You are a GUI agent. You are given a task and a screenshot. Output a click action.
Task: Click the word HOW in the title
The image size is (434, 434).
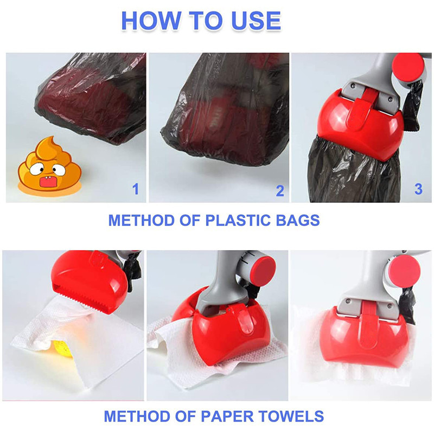(x=151, y=20)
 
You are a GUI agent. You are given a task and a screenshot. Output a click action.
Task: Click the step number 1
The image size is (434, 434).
(x=135, y=189)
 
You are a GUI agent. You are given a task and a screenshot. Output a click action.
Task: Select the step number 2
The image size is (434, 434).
(x=280, y=191)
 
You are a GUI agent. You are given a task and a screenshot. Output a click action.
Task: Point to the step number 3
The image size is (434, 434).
(x=418, y=189)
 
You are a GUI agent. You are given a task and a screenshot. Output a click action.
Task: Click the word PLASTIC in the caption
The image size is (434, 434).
(x=238, y=220)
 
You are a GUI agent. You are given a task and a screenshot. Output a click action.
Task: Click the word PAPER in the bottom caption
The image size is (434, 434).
(x=224, y=416)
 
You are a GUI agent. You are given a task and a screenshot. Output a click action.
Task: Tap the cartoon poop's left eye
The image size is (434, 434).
(x=35, y=169)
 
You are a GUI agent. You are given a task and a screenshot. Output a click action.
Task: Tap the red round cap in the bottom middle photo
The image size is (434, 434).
(x=264, y=269)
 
